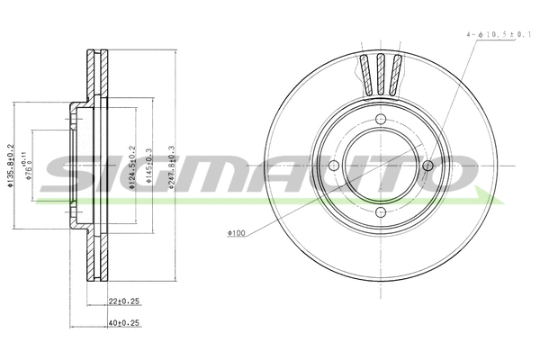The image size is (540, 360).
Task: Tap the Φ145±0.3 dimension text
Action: click(148, 166)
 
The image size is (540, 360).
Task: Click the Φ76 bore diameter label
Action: click(31, 167)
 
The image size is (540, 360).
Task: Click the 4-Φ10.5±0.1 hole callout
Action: click(500, 33)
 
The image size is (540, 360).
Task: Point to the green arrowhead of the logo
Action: click(486, 196)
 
